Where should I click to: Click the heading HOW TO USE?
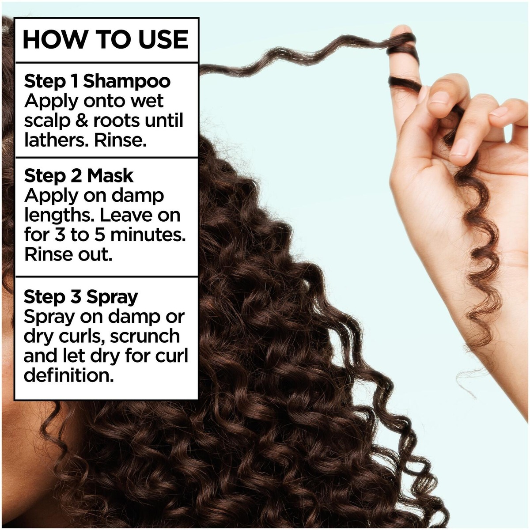(106, 40)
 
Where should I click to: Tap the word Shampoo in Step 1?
(127, 82)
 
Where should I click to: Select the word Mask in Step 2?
(110, 176)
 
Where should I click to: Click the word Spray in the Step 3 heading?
(112, 298)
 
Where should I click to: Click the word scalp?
(47, 121)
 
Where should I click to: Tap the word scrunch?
(145, 336)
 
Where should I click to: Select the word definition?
(69, 375)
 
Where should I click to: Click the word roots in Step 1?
(117, 121)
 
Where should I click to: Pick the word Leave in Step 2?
(124, 215)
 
